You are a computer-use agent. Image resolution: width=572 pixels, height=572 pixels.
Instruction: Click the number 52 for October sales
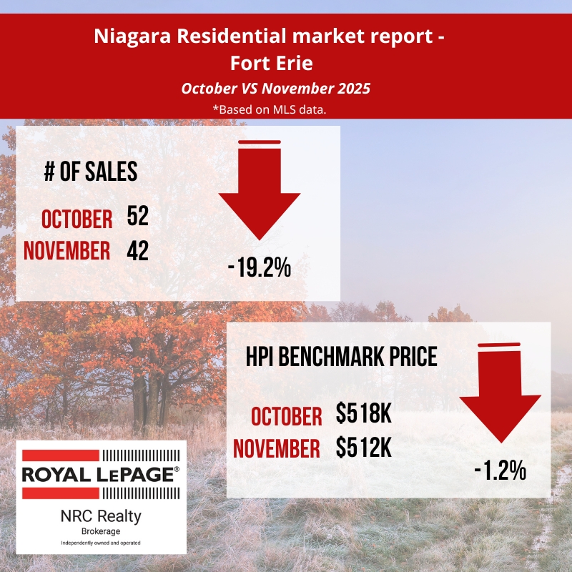pyautogui.click(x=137, y=217)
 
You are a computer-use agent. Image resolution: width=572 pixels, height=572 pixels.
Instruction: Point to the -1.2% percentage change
pyautogui.click(x=500, y=470)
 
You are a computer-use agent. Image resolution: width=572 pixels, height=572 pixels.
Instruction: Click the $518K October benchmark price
pyautogui.click(x=364, y=415)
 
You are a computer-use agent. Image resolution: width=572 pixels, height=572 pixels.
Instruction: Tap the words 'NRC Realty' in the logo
pyautogui.click(x=101, y=515)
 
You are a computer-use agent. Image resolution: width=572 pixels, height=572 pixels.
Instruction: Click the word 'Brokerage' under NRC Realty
pyautogui.click(x=101, y=531)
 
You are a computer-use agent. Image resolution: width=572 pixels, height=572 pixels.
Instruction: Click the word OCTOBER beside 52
pyautogui.click(x=77, y=220)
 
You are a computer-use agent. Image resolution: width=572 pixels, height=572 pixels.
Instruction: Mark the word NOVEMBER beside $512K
pyautogui.click(x=277, y=449)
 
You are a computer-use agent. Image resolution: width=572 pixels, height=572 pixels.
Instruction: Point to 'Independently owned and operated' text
pyautogui.click(x=101, y=543)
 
